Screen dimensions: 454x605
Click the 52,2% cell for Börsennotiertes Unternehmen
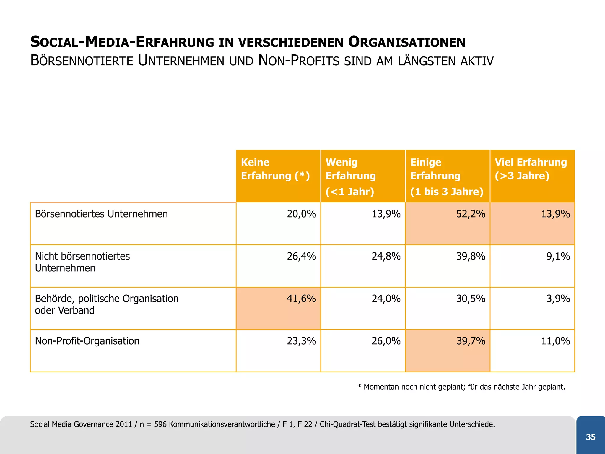(471, 214)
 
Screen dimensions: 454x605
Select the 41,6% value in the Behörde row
(301, 299)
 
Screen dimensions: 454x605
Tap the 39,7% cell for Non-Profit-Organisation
(471, 341)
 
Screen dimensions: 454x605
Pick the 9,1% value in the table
(558, 256)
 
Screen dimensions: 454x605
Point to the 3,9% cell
(558, 299)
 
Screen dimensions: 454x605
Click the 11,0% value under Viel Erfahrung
(555, 341)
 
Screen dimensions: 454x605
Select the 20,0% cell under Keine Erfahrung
(301, 214)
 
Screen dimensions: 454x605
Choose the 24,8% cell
(386, 256)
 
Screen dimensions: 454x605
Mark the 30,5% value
(471, 299)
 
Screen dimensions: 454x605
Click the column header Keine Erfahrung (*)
(275, 169)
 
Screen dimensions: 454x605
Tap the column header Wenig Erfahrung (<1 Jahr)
(350, 177)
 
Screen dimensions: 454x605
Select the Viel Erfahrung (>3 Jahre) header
(531, 169)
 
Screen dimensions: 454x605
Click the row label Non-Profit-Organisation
(87, 341)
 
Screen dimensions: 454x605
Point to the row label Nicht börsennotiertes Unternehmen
(82, 262)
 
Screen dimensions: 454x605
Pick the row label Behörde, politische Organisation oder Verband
(106, 304)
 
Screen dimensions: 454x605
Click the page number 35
(591, 437)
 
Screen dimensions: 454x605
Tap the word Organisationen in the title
(406, 42)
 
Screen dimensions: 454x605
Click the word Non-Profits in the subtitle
(298, 61)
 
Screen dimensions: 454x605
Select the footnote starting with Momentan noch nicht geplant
(461, 387)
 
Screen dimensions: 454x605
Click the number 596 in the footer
(160, 424)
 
